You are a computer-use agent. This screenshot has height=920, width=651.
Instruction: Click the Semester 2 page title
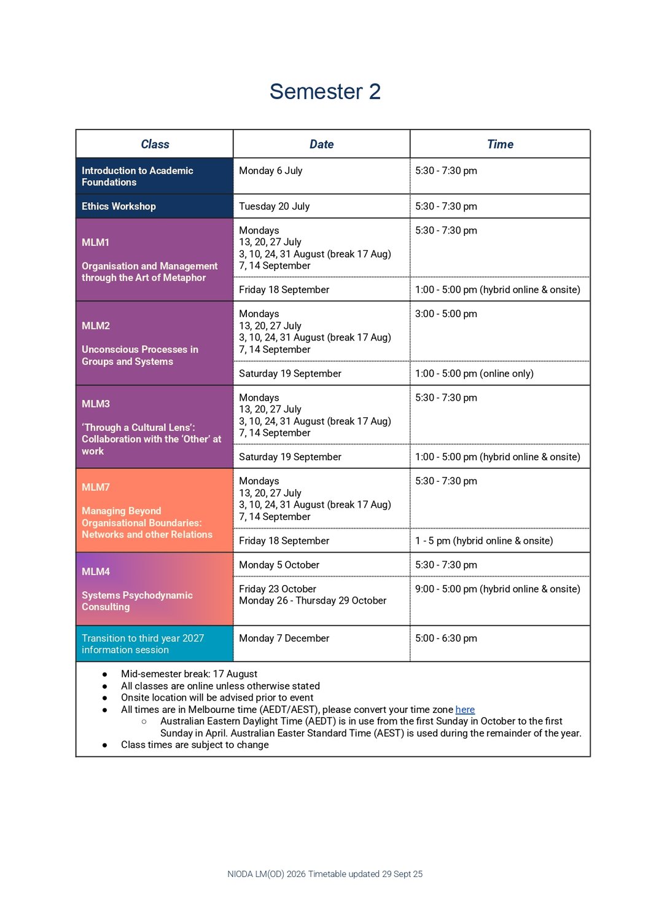[x=325, y=92]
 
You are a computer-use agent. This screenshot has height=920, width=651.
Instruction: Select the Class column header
[x=155, y=144]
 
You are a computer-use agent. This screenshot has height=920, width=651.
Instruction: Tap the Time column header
[x=500, y=144]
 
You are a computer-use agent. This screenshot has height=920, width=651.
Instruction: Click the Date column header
[x=321, y=144]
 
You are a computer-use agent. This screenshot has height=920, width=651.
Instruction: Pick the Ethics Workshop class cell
[x=119, y=206]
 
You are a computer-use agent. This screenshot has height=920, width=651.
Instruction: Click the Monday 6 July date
[x=270, y=171]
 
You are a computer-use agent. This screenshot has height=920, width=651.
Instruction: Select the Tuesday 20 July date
[x=274, y=206]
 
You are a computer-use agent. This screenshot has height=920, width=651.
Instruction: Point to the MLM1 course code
[x=95, y=243]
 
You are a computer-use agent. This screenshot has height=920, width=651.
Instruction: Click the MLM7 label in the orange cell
[x=96, y=487]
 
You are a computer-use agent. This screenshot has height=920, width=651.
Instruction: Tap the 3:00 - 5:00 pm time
[x=446, y=314]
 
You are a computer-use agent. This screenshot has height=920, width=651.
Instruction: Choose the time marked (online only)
[x=474, y=374]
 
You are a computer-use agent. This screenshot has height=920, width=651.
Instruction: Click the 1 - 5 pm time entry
[x=484, y=541]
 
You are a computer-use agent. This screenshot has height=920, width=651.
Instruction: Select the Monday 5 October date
[x=279, y=565]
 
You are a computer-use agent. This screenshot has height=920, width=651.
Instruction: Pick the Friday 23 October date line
[x=278, y=589]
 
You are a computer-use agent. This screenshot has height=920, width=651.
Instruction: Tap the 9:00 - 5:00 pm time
[x=497, y=589]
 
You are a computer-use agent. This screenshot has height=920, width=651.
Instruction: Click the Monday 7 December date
[x=284, y=639]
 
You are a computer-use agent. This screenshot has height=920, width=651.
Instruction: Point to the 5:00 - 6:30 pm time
[x=446, y=639]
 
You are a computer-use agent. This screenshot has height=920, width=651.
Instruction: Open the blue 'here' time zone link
[x=465, y=710]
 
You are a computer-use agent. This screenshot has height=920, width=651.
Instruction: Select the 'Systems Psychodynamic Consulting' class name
[x=137, y=601]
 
